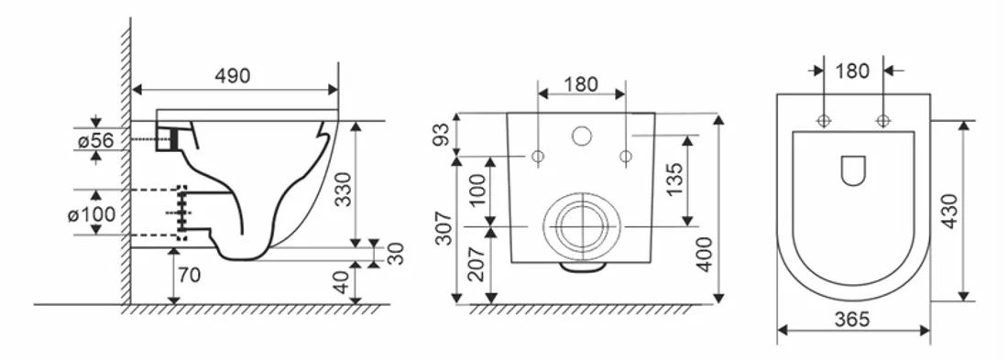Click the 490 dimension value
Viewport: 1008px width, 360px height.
(x=232, y=76)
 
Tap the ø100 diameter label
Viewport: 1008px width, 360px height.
(x=92, y=213)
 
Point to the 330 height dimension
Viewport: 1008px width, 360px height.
(x=344, y=189)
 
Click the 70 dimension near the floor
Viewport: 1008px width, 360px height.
(x=189, y=275)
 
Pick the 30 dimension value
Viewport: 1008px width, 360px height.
(x=397, y=254)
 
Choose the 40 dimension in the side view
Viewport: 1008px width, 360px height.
(x=342, y=281)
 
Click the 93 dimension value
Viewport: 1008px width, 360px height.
(x=442, y=135)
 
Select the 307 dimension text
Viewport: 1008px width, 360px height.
(x=443, y=227)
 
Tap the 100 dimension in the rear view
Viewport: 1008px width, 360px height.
(x=477, y=190)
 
